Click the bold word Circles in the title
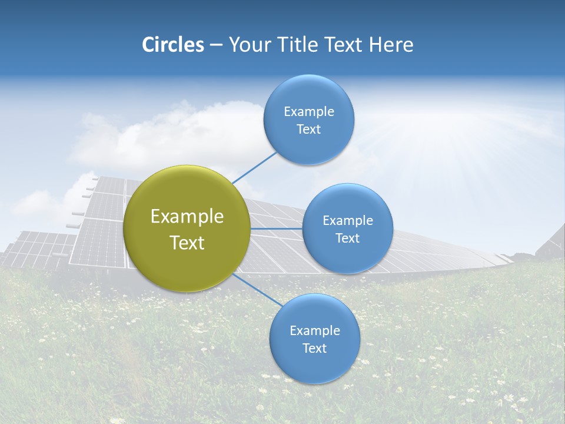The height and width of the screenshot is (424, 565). click(x=172, y=45)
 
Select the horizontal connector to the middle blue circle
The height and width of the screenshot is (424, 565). click(x=277, y=228)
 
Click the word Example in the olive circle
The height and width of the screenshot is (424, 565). click(x=187, y=217)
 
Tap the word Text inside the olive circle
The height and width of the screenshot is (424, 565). click(x=187, y=243)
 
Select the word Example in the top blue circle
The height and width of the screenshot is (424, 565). click(x=309, y=112)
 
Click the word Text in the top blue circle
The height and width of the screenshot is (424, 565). click(x=309, y=130)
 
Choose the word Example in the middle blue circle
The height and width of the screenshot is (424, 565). click(x=348, y=221)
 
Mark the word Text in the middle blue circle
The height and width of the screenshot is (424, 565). click(x=348, y=238)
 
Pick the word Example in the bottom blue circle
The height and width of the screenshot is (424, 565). click(x=315, y=331)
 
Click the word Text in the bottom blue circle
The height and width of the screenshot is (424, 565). click(x=315, y=349)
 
